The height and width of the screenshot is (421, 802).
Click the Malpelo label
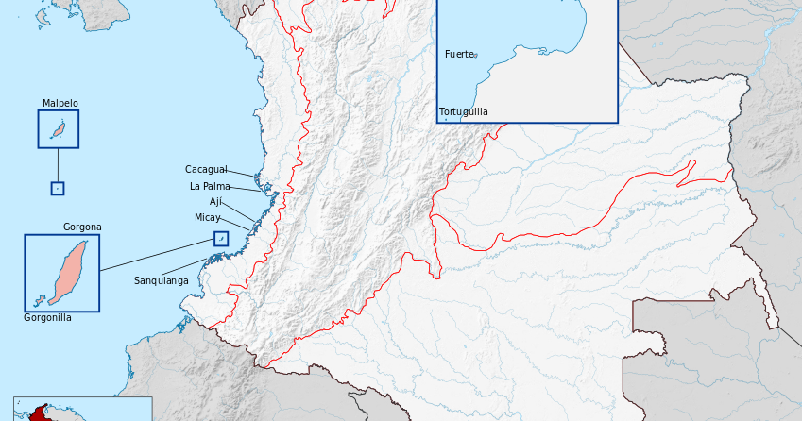pyautogui.click(x=60, y=104)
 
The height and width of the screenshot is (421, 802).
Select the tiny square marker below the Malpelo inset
pyautogui.click(x=58, y=188)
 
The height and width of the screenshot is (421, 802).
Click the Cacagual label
pyautogui.click(x=206, y=170)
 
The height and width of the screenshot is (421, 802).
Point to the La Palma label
pyautogui.click(x=210, y=186)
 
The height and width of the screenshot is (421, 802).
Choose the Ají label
pyautogui.click(x=215, y=202)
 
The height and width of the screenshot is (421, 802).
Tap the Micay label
pyautogui.click(x=207, y=218)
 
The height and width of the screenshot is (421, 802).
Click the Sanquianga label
pyautogui.click(x=161, y=280)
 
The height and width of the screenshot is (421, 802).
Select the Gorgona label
pyautogui.click(x=82, y=227)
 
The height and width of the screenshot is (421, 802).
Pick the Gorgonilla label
pyautogui.click(x=47, y=318)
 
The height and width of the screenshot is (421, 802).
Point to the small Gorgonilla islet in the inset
pyautogui.click(x=39, y=302)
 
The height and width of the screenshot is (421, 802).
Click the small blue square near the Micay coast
pyautogui.click(x=221, y=239)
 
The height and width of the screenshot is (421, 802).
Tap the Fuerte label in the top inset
pyautogui.click(x=458, y=55)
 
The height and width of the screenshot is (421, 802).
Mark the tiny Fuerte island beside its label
pyautogui.click(x=476, y=56)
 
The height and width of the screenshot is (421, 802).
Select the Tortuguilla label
pyautogui.click(x=464, y=112)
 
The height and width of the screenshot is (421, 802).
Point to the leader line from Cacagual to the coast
pyautogui.click(x=242, y=173)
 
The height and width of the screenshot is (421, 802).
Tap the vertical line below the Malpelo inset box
pyautogui.click(x=58, y=164)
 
